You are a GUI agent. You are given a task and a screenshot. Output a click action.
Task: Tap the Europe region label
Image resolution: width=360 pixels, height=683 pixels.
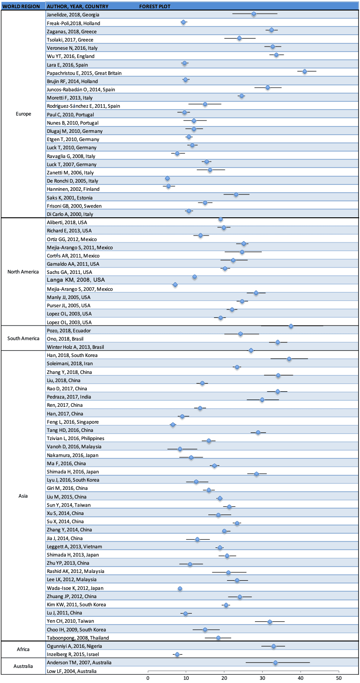(x=23, y=114)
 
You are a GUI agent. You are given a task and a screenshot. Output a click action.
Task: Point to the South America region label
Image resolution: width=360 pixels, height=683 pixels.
(x=23, y=338)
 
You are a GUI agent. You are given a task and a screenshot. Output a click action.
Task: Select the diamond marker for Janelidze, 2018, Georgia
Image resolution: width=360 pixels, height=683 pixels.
(x=254, y=14)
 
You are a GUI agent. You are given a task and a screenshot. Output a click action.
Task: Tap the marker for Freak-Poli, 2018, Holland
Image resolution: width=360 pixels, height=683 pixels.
(x=184, y=22)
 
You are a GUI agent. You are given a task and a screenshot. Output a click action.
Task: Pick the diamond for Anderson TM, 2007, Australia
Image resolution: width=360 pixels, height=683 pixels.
(x=275, y=662)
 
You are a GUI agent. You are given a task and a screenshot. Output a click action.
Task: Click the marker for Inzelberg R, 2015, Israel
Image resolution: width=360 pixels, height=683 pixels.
(x=177, y=654)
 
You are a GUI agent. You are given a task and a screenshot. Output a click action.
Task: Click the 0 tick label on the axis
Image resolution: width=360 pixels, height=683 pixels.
(x=148, y=677)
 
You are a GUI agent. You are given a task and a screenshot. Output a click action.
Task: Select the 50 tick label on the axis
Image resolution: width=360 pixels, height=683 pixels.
(x=339, y=677)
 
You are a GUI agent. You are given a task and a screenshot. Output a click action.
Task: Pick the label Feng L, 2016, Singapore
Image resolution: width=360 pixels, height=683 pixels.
(x=73, y=422)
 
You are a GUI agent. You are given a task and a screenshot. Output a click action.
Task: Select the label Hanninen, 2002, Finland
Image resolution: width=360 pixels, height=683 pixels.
(x=73, y=189)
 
